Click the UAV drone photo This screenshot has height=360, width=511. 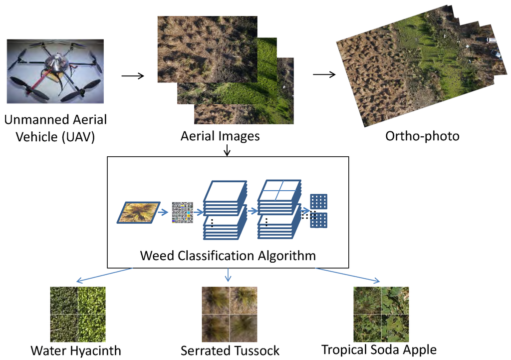[x=55, y=71]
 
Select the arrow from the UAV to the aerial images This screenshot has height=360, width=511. [x=132, y=76]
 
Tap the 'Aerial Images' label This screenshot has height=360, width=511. [x=220, y=136]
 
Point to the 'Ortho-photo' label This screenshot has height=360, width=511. [x=422, y=136]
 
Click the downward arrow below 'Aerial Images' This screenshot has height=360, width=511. [x=227, y=150]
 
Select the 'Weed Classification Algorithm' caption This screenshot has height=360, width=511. [x=228, y=256]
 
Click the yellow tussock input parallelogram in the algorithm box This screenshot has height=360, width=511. [x=139, y=212]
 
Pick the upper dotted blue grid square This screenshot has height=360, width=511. [x=319, y=202]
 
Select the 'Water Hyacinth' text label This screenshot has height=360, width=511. [x=76, y=351]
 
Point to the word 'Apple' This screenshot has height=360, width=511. [x=419, y=350]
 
